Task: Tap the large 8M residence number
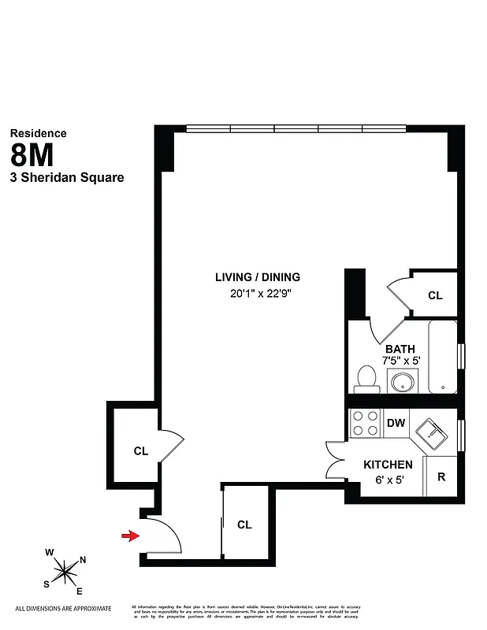click(38, 154)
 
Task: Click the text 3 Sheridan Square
click(66, 178)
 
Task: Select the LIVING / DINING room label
click(258, 277)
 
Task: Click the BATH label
click(400, 349)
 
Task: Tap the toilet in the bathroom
click(366, 378)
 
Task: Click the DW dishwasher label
click(396, 424)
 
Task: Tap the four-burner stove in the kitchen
click(364, 424)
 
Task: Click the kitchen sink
click(432, 432)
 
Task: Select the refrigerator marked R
click(441, 476)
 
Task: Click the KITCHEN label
click(388, 465)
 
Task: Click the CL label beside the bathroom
click(435, 295)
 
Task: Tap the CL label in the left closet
click(141, 451)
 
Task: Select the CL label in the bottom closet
click(244, 524)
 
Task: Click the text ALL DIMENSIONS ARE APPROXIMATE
click(63, 609)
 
